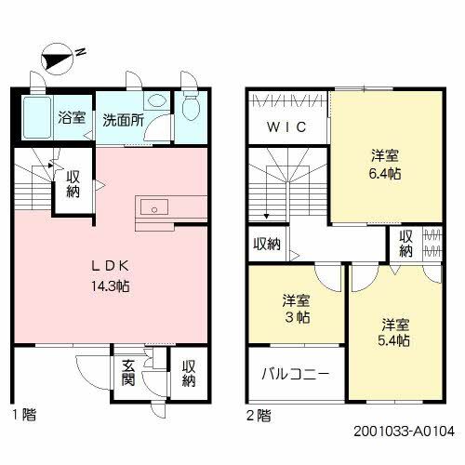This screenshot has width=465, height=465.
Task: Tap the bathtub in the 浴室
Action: click(x=35, y=118)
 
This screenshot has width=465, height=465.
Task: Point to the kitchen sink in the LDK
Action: click(x=154, y=206)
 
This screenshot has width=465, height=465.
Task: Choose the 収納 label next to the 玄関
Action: click(x=189, y=374)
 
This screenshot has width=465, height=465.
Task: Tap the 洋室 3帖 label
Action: click(x=297, y=310)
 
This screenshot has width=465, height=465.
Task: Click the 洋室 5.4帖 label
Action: click(x=395, y=332)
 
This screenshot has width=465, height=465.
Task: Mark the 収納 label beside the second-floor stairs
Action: click(x=267, y=245)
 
